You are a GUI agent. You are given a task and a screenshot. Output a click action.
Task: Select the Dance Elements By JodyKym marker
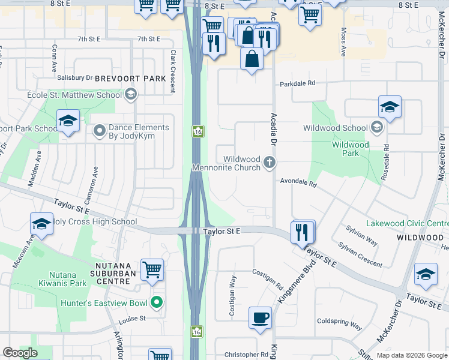click(100, 130)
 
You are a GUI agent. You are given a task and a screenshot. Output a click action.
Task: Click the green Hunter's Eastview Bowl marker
click(157, 302)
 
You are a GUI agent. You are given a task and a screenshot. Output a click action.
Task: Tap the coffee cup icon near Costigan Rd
click(260, 317)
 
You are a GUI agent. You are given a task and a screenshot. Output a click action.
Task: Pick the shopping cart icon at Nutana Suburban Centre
click(152, 269)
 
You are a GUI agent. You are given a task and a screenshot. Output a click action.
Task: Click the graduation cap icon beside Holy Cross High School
click(41, 224)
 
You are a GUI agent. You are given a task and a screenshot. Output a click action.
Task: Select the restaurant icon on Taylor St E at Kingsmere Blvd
click(302, 231)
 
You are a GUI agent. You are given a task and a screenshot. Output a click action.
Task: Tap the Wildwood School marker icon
click(376, 127)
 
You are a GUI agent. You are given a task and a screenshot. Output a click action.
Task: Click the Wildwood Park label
click(351, 149)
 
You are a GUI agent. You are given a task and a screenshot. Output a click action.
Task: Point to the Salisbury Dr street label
click(75, 77)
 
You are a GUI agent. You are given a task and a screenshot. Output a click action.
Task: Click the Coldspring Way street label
click(339, 323)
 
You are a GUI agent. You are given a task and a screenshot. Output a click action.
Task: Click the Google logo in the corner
click(20, 353)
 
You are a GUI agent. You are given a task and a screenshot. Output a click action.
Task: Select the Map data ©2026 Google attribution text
click(411, 355)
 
